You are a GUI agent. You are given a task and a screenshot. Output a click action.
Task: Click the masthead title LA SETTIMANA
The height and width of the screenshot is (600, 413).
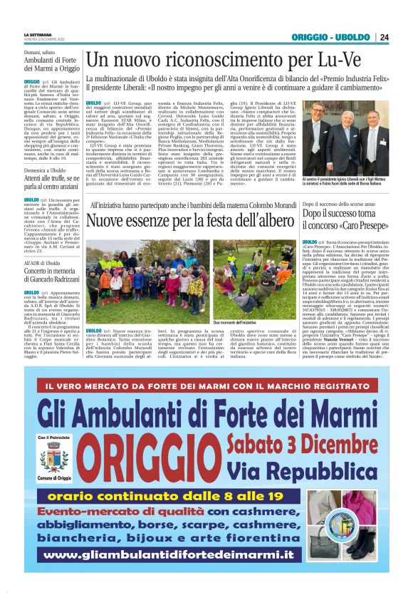38,34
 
